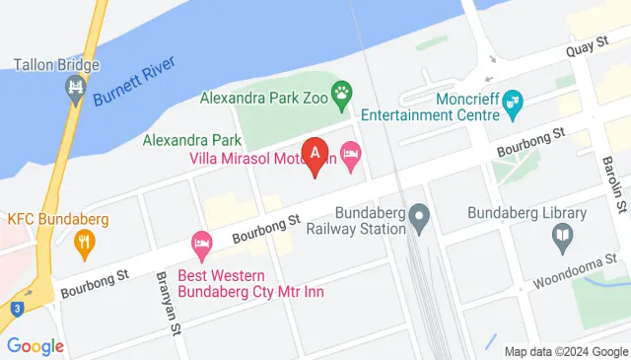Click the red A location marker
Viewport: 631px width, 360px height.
(315, 155)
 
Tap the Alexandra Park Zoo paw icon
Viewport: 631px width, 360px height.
(342, 97)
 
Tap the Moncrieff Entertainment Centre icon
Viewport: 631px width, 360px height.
(513, 100)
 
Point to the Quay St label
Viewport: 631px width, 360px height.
(585, 50)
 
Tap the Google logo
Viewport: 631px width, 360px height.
(35, 346)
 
